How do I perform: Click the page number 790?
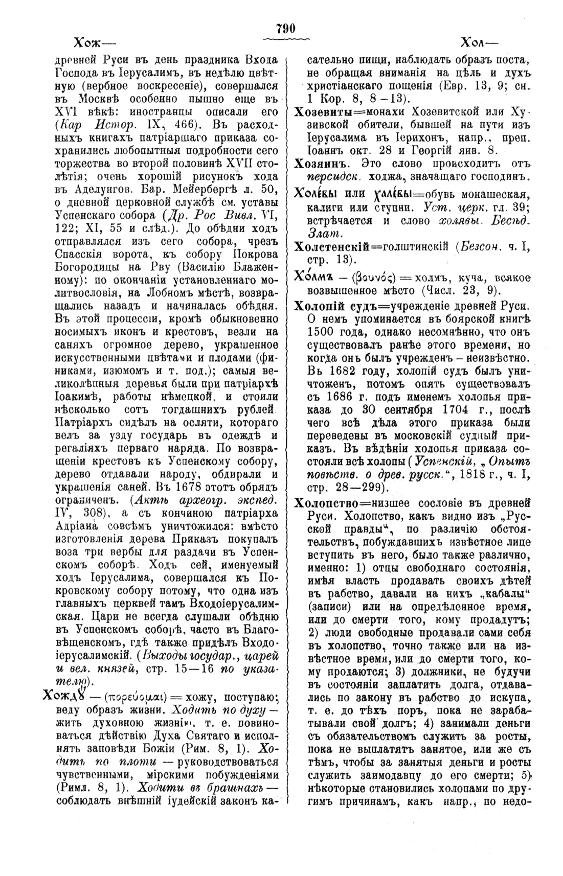(286, 29)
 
